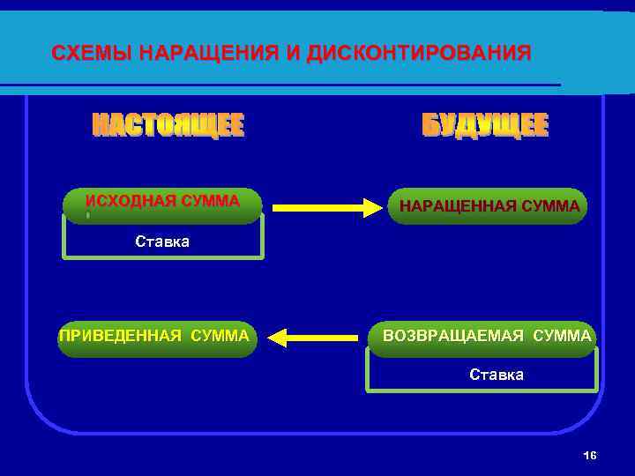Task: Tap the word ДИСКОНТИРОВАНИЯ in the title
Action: point(419,54)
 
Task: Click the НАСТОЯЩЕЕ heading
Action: point(168,126)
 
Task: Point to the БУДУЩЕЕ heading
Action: point(485,126)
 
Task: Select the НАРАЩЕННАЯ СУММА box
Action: point(489,207)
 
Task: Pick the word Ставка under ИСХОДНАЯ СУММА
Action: point(162,242)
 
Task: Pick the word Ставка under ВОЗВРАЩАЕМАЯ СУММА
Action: point(497,375)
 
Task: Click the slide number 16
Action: point(590,455)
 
